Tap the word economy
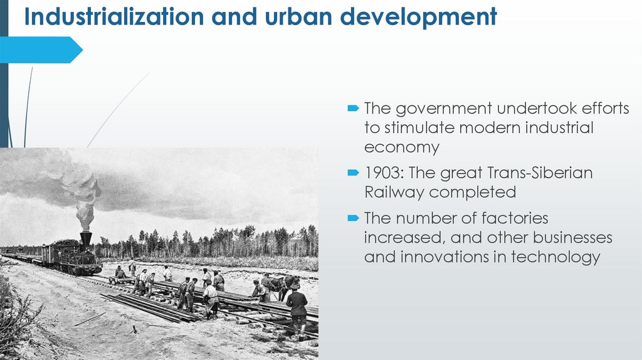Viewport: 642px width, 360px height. click(402, 147)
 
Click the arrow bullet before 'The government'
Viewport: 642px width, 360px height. click(354, 109)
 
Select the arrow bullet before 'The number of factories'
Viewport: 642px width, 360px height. click(354, 218)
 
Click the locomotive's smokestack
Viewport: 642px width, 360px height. click(85, 239)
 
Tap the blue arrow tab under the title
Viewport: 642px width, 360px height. click(41, 50)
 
